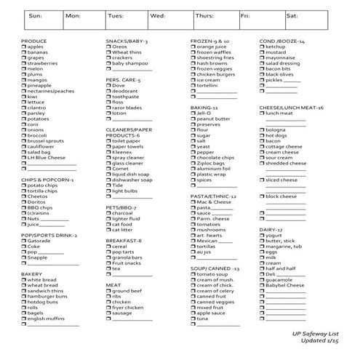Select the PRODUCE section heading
click(x=34, y=41)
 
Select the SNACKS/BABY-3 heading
click(x=127, y=41)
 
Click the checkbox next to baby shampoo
click(x=108, y=65)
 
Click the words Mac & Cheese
click(x=214, y=201)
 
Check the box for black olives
click(x=263, y=74)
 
